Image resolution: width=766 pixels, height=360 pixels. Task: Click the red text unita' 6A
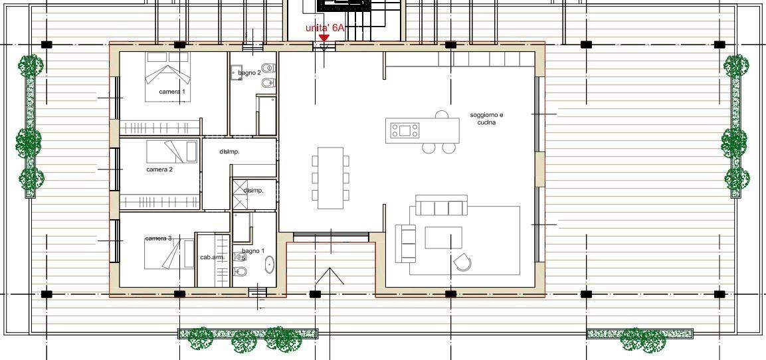pyautogui.click(x=325, y=28)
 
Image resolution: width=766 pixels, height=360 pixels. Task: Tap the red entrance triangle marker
pyautogui.click(x=324, y=38)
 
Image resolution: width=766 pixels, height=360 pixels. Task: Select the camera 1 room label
pyautogui.click(x=172, y=92)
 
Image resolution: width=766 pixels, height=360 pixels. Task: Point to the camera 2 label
pyautogui.click(x=159, y=169)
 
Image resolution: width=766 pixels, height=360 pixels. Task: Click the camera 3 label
pyautogui.click(x=158, y=238)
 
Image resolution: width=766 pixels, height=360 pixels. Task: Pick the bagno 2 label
pyautogui.click(x=250, y=73)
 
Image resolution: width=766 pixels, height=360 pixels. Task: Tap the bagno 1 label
pyautogui.click(x=253, y=251)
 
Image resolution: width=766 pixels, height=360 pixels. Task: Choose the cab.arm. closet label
pyautogui.click(x=213, y=257)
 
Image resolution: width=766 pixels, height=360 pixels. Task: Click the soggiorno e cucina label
pyautogui.click(x=486, y=119)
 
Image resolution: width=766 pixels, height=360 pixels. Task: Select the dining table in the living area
pyautogui.click(x=331, y=178)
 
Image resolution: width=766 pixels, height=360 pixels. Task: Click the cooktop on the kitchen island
pyautogui.click(x=405, y=130)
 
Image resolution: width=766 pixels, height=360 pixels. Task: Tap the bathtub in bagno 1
pyautogui.click(x=270, y=264)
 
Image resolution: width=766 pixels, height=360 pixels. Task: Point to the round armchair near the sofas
pyautogui.click(x=462, y=262)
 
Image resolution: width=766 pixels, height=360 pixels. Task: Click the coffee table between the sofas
pyautogui.click(x=444, y=237)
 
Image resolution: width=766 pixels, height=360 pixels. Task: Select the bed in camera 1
pyautogui.click(x=167, y=76)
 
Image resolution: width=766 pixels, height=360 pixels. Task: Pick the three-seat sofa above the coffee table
pyautogui.click(x=442, y=206)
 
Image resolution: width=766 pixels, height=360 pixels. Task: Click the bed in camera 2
pyautogui.click(x=173, y=151)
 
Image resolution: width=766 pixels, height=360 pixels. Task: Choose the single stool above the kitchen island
pyautogui.click(x=442, y=115)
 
